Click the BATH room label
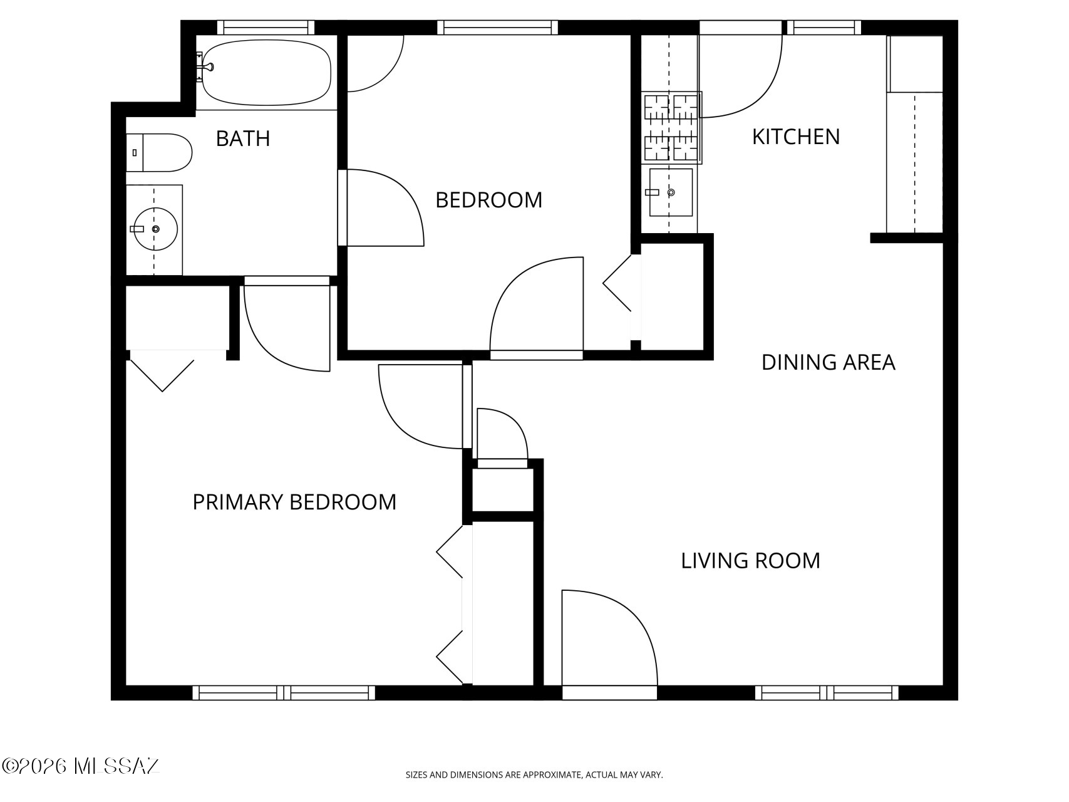243,138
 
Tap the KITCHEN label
796,137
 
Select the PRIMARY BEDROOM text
294,502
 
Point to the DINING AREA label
829,362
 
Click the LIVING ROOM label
751,560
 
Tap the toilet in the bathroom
159,152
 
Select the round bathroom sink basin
155,229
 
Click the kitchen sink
671,192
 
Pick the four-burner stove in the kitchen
672,128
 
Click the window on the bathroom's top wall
266,28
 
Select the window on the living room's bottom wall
827,692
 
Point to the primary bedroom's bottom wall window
284,692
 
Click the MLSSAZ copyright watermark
81,766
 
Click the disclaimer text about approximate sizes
534,775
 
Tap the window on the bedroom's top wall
497,28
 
